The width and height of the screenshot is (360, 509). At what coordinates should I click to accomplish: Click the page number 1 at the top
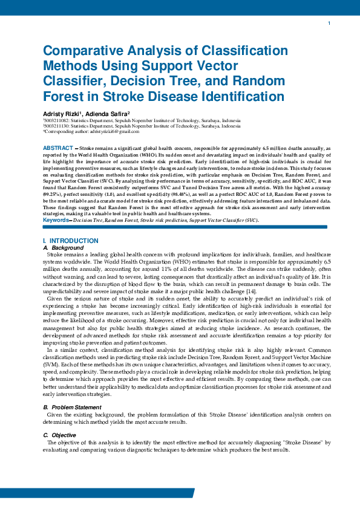[329, 24]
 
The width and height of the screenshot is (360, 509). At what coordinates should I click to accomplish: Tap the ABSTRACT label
[58, 148]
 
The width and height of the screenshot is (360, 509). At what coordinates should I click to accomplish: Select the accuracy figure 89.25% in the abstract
[53, 196]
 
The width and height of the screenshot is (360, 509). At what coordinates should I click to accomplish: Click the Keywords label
[55, 220]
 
